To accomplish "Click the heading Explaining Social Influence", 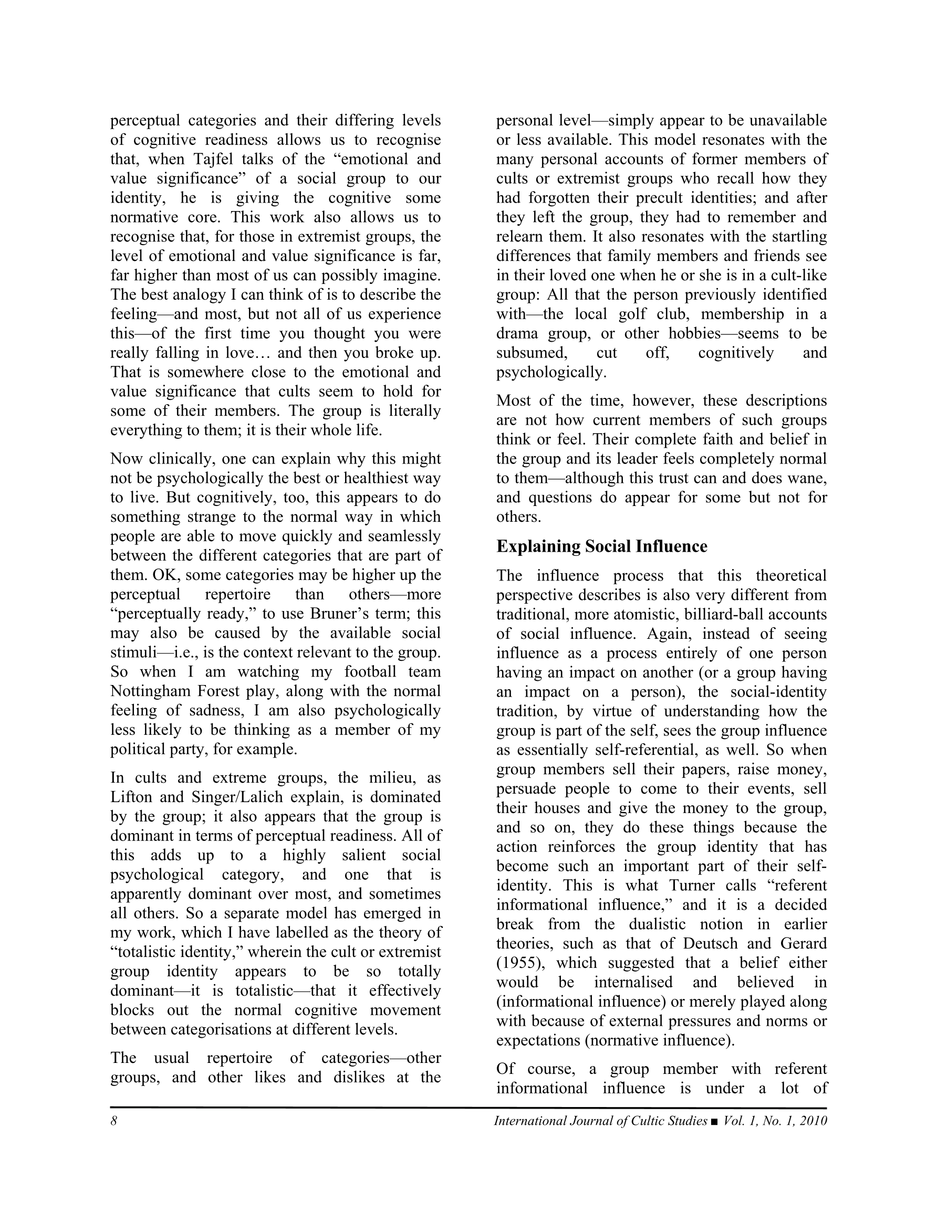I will (x=601, y=546).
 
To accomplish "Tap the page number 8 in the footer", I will (x=114, y=1121).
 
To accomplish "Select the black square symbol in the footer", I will (x=714, y=1122).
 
